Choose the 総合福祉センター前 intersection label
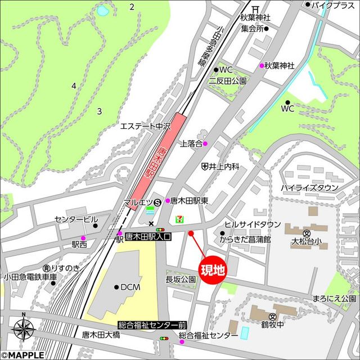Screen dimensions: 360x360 click(152, 325)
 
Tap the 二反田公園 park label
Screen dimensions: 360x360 click(227, 81)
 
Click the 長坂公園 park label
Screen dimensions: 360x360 click(181, 279)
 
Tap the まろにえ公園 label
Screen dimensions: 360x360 click(335, 298)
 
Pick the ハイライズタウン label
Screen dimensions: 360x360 click(310, 187)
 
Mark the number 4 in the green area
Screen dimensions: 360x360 click(74, 85)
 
